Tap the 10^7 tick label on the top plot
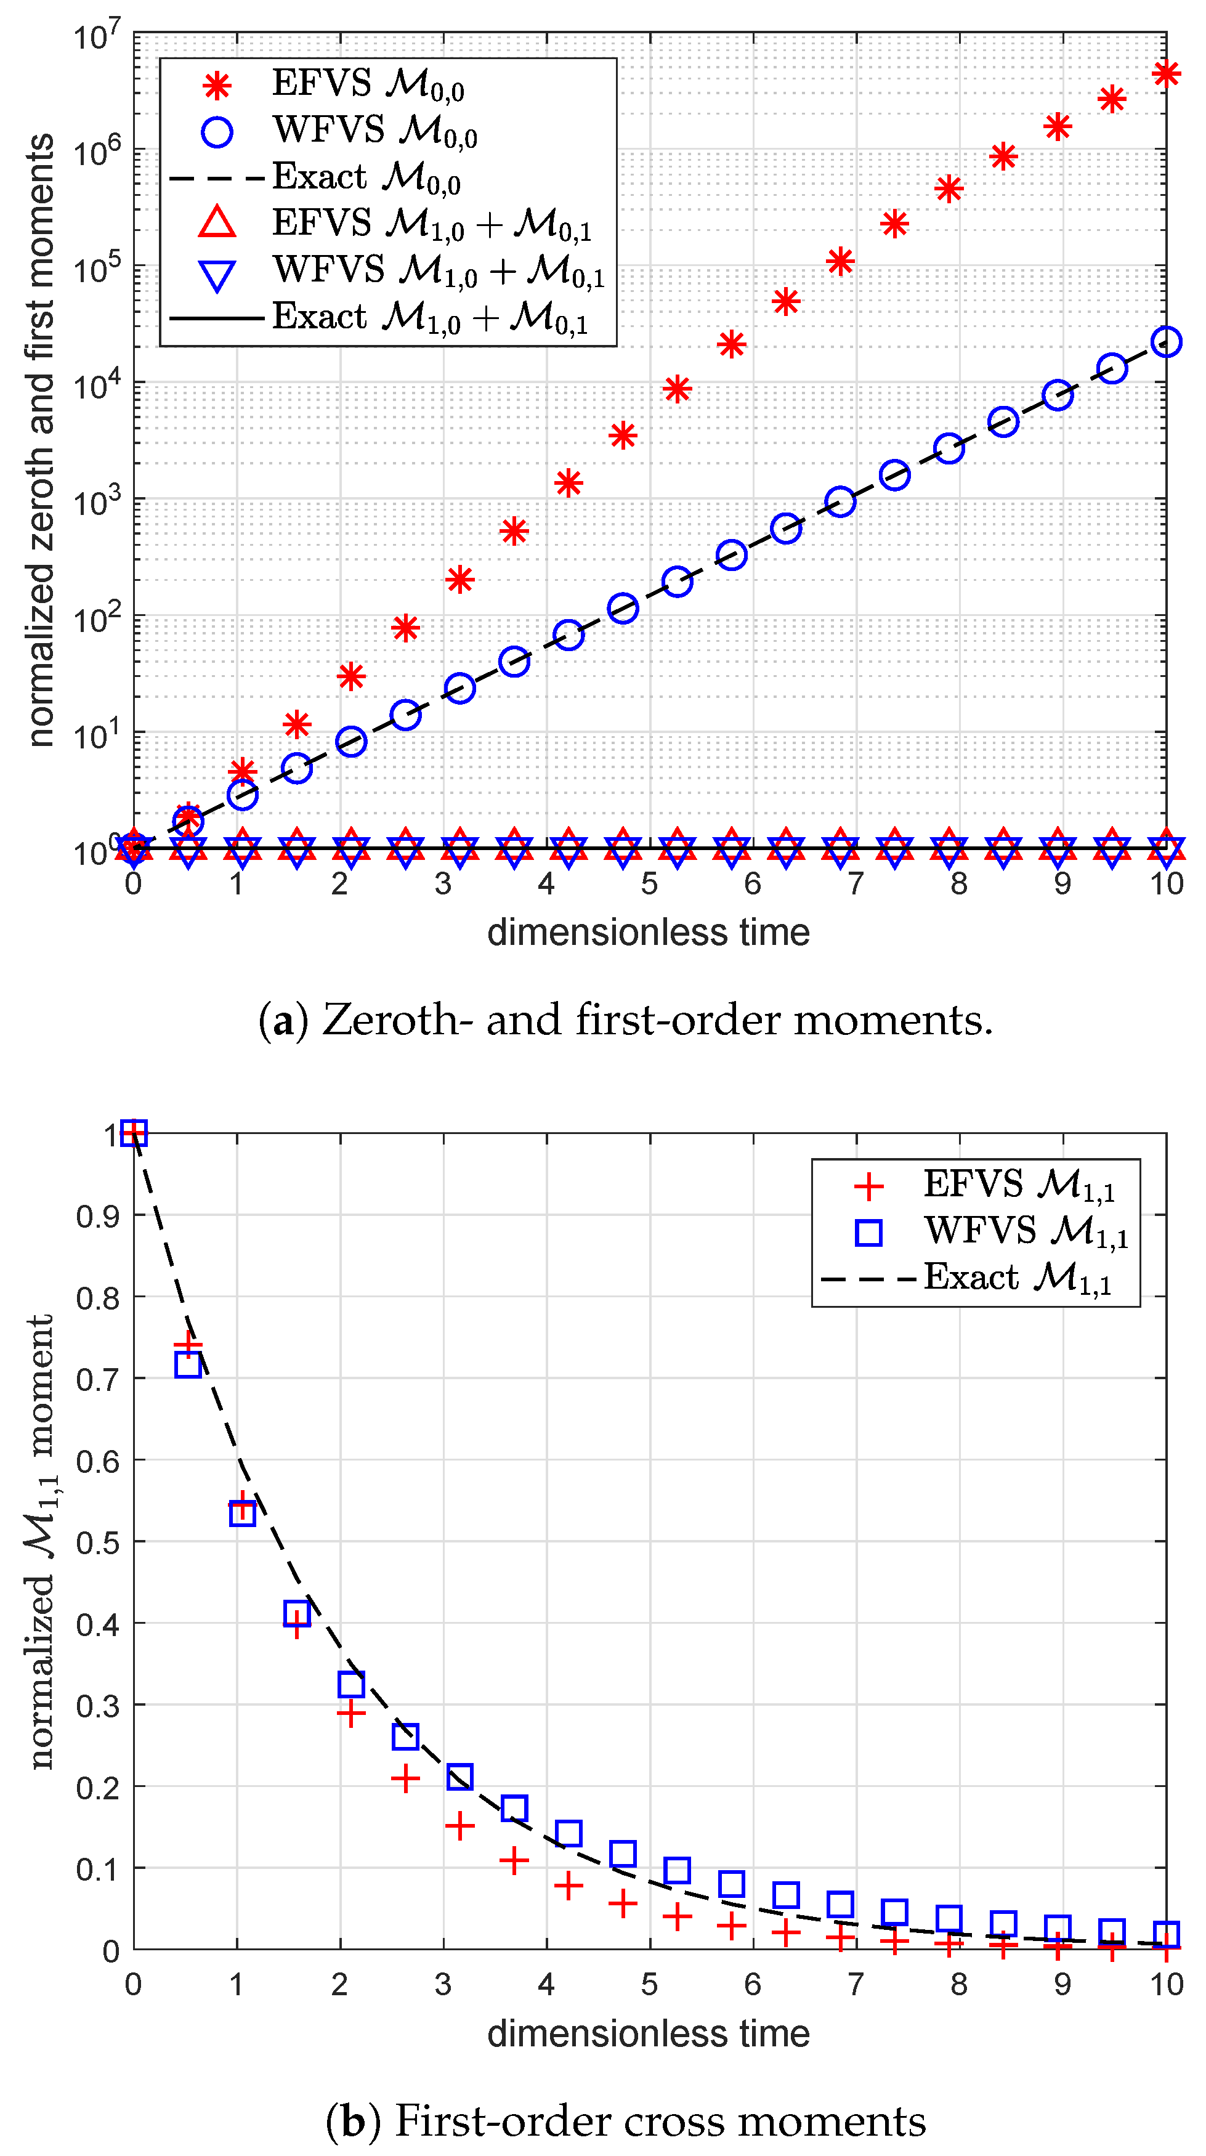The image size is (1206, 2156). (97, 37)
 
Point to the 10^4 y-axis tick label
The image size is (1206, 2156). (97, 385)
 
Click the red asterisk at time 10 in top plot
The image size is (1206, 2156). (1165, 74)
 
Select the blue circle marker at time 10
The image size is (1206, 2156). (1165, 341)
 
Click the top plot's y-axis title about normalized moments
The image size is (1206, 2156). (40, 439)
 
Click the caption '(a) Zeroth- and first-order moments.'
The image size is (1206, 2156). (625, 1019)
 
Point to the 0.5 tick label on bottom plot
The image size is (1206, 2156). (97, 1542)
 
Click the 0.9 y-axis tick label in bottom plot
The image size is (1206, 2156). (97, 1216)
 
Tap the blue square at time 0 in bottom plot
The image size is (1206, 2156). (134, 1133)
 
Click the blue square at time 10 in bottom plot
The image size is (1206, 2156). (1165, 1934)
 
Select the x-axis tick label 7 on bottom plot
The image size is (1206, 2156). (856, 1984)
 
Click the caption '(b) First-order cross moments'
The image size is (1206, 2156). (625, 2121)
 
